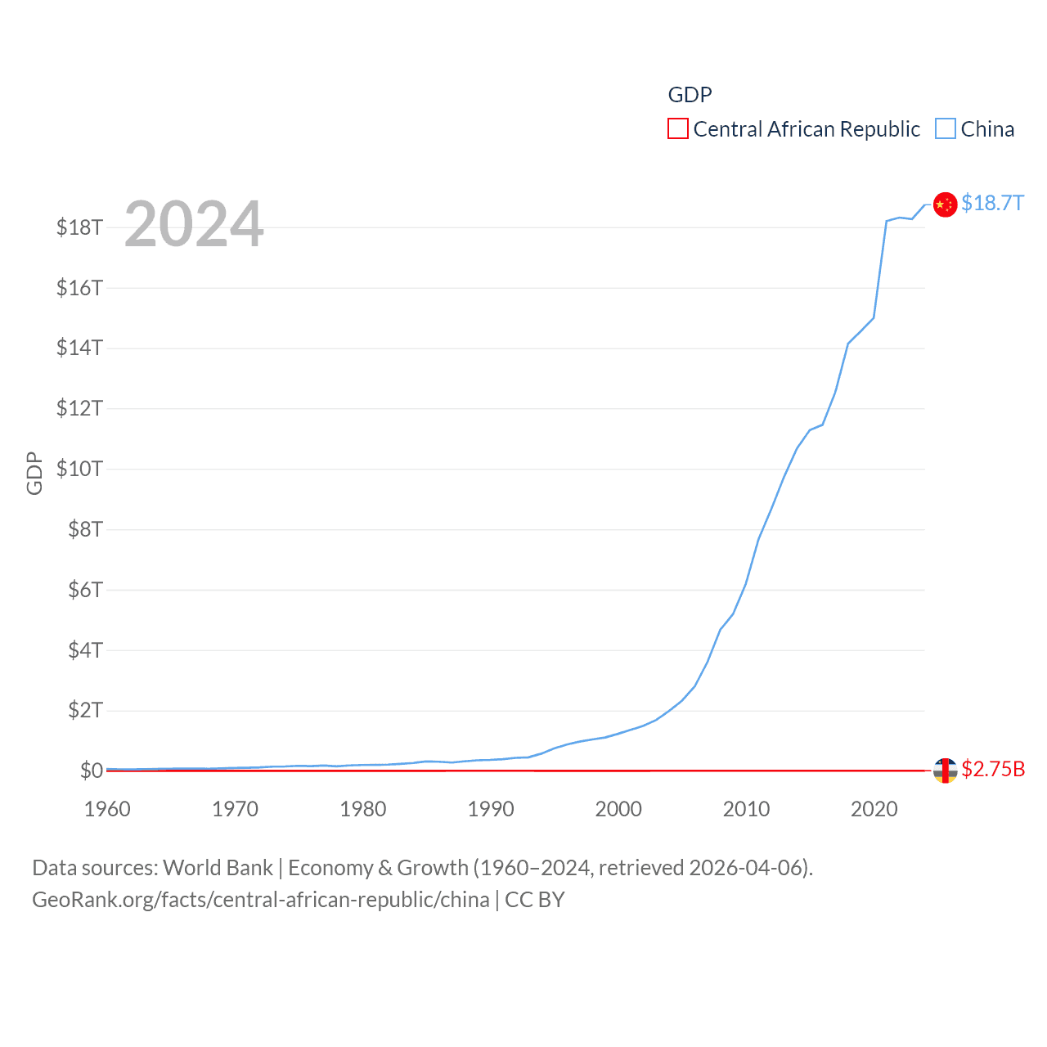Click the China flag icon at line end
pos(945,204)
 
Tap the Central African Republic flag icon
pos(945,771)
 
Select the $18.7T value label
pos(992,203)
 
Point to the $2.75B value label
pos(993,770)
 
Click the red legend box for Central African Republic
pos(678,129)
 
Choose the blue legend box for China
pos(946,129)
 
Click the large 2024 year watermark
pos(194,224)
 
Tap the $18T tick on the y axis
pos(79,227)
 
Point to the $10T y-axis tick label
pos(79,469)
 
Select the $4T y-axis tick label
pos(85,650)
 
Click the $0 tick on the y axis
pos(91,771)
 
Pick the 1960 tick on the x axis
pos(107,810)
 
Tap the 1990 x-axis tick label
pos(491,810)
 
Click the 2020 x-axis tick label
pos(874,810)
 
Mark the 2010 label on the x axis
pos(746,810)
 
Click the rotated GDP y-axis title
pos(34,473)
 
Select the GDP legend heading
pos(690,95)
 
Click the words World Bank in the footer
pos(218,868)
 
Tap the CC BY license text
pos(535,900)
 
